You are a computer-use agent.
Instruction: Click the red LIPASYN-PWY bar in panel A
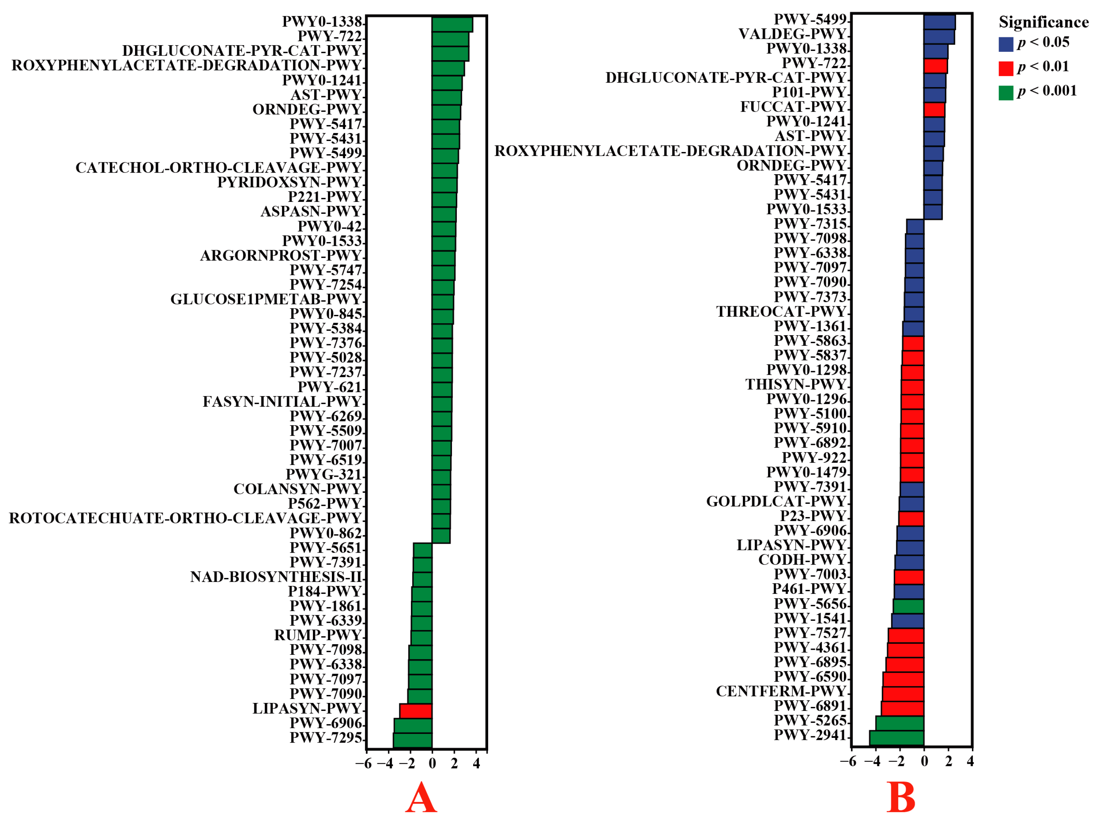[416, 711]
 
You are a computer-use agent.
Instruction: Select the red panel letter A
[421, 798]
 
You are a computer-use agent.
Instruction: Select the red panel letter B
[900, 798]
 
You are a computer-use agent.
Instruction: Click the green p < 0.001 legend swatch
[1006, 93]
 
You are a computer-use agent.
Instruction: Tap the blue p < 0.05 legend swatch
[1006, 44]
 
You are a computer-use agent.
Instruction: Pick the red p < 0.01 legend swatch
[1006, 69]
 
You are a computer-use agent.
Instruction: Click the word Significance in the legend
[1043, 22]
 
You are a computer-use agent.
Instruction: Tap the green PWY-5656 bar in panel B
[908, 606]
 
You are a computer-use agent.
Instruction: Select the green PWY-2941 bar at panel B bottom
[896, 738]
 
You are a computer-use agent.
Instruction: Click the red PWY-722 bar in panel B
[935, 66]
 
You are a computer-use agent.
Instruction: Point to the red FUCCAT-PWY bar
[934, 110]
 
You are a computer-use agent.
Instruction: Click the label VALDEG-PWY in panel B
[792, 34]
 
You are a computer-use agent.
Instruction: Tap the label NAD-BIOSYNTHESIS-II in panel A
[276, 577]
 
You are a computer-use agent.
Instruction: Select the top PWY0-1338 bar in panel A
[452, 24]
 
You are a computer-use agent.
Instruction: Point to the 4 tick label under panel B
[971, 761]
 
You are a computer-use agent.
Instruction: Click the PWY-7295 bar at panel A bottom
[413, 740]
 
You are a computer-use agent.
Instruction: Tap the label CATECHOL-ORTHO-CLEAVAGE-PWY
[218, 168]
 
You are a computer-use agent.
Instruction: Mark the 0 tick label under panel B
[924, 761]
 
